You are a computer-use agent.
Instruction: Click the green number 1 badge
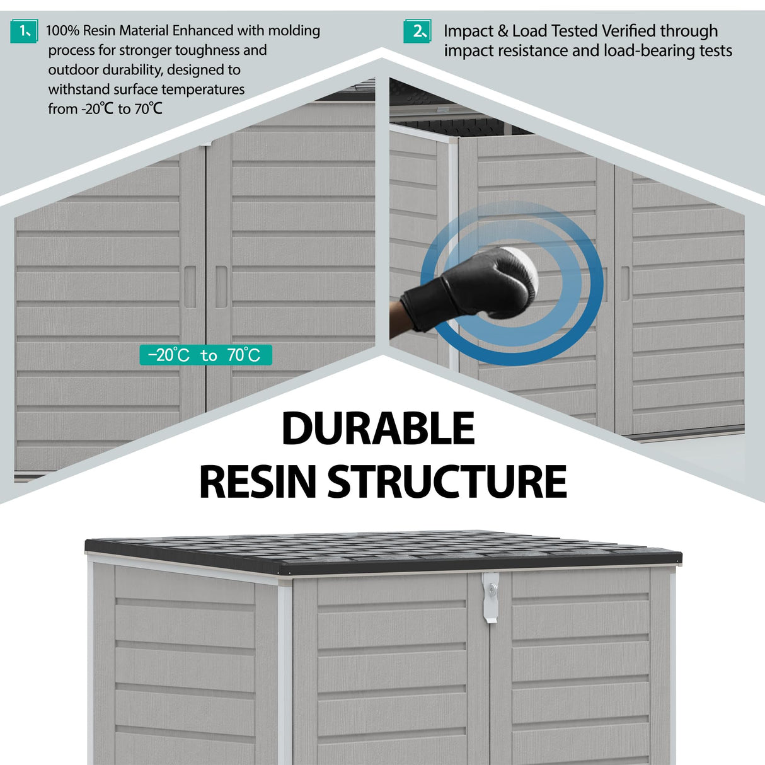(24, 31)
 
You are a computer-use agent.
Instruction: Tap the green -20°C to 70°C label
(205, 355)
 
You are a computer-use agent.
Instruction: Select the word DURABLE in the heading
(377, 429)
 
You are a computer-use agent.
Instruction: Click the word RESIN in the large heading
(257, 481)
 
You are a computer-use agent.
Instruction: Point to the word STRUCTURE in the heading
(447, 481)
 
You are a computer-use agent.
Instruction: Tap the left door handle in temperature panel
(190, 287)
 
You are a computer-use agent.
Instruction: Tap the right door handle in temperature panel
(221, 287)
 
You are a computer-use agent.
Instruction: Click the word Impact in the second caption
(469, 31)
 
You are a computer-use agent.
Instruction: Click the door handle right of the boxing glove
(625, 283)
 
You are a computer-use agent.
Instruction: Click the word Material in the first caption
(144, 30)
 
